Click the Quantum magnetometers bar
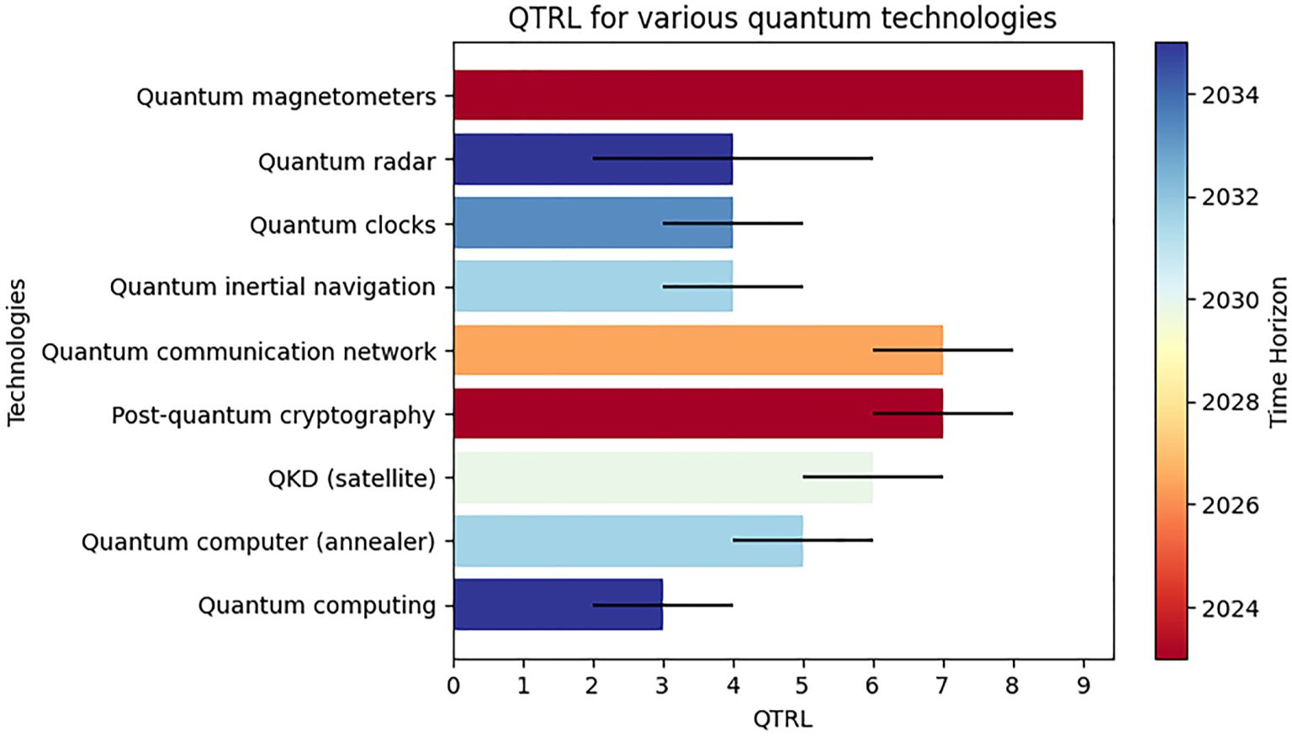pyautogui.click(x=767, y=95)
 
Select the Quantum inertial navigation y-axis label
pyautogui.click(x=273, y=287)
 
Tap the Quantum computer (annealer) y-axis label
pyautogui.click(x=258, y=542)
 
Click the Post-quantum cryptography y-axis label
pyautogui.click(x=273, y=416)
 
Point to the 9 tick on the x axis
pyautogui.click(x=1083, y=686)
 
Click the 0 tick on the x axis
pyautogui.click(x=454, y=686)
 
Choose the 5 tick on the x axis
pyautogui.click(x=802, y=686)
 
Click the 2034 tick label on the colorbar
pyautogui.click(x=1230, y=95)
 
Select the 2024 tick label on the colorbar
pyautogui.click(x=1230, y=608)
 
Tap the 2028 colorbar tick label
pyautogui.click(x=1230, y=402)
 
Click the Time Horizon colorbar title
pyautogui.click(x=1278, y=352)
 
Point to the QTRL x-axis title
pyautogui.click(x=782, y=719)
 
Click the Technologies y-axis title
pyautogui.click(x=17, y=352)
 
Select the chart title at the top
pyautogui.click(x=782, y=18)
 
